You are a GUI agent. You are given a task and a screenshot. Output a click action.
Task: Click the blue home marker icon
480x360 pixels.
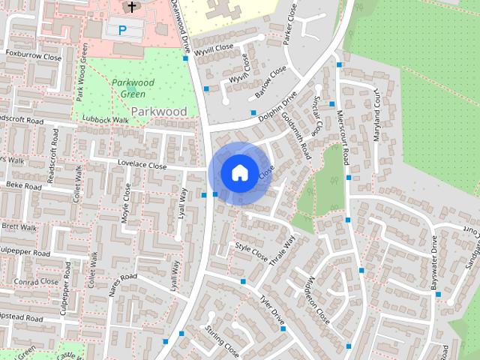pyautogui.click(x=238, y=172)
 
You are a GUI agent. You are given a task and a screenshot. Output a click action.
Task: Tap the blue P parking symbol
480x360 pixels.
pyautogui.click(x=122, y=30)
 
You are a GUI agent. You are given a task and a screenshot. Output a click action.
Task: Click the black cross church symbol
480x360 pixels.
pyautogui.click(x=132, y=7)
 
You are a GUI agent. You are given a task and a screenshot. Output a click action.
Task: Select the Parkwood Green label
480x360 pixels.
pyautogui.click(x=133, y=88)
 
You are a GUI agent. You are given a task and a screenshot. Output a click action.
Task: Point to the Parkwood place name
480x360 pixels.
pyautogui.click(x=158, y=111)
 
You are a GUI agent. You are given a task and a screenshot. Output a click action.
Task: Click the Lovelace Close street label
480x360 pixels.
pyautogui.click(x=141, y=165)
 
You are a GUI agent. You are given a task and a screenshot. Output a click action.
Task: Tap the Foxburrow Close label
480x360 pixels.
pyautogui.click(x=33, y=56)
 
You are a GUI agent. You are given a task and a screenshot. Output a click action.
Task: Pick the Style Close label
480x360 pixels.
pyautogui.click(x=251, y=251)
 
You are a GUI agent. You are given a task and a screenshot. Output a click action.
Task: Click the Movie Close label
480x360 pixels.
pyautogui.click(x=126, y=205)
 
